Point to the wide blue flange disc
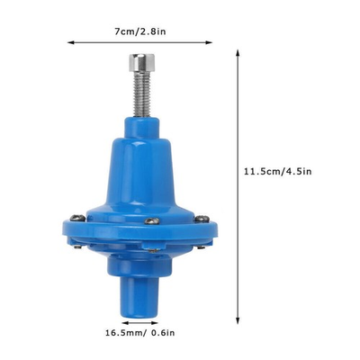coord(140,236)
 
